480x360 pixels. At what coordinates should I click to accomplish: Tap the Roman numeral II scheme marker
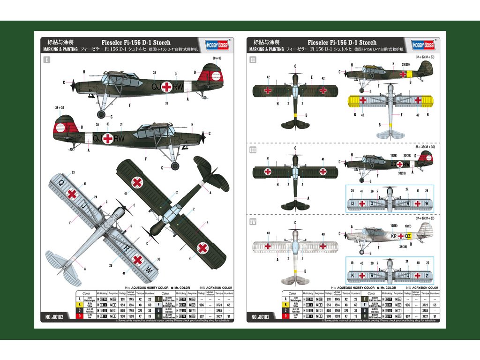pos(253,60)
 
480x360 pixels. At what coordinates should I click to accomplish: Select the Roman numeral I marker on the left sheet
pos(46,60)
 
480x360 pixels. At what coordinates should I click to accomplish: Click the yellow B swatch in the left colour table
pos(80,304)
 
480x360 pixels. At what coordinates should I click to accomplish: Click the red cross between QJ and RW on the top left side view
pos(167,86)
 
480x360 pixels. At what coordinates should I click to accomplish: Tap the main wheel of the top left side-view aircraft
pos(102,114)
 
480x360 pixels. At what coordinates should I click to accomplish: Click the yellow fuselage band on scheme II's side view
pos(409,74)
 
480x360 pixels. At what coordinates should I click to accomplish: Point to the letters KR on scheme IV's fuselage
pos(395,236)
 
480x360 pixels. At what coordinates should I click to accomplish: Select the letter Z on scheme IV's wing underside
pos(427,275)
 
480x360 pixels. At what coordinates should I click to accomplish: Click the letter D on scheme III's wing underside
pos(352,204)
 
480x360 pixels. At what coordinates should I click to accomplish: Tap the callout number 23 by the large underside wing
pos(73,172)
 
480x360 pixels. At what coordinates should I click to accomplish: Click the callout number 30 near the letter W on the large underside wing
pos(158,259)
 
